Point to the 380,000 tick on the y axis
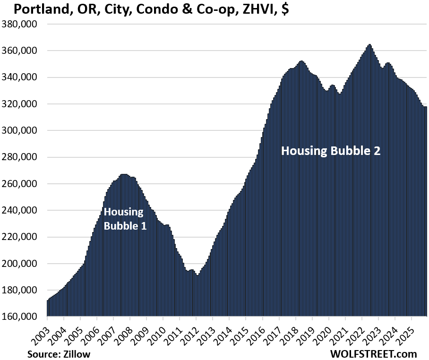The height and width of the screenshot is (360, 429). click(x=20, y=24)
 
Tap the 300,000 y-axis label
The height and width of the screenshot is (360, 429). click(x=20, y=131)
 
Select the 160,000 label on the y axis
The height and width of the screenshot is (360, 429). click(x=20, y=317)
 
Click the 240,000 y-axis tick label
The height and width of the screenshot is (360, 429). click(x=20, y=211)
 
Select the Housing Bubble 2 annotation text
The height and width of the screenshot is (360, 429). click(x=331, y=151)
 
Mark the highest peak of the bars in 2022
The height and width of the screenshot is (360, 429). click(x=369, y=45)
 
